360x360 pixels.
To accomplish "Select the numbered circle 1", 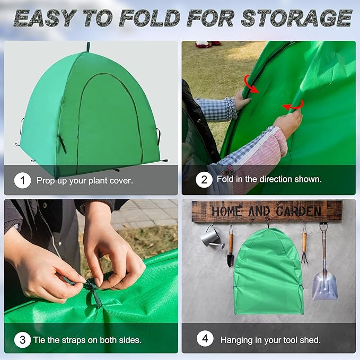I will click(x=22, y=180).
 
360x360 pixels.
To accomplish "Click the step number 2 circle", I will click(x=204, y=180).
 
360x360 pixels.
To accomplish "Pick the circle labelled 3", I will click(x=22, y=339).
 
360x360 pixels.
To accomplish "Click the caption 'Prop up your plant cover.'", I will click(x=85, y=180).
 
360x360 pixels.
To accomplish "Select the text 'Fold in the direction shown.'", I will click(x=269, y=180).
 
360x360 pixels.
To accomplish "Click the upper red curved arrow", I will click(x=251, y=84).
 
